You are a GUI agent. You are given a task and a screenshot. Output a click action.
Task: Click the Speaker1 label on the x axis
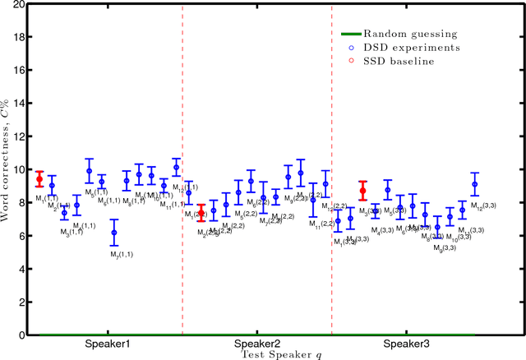(107, 344)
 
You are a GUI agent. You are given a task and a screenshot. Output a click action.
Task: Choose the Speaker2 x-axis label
(257, 344)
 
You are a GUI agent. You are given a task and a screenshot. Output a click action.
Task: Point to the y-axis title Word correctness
(7, 170)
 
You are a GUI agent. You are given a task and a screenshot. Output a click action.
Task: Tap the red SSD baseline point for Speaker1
(39, 179)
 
